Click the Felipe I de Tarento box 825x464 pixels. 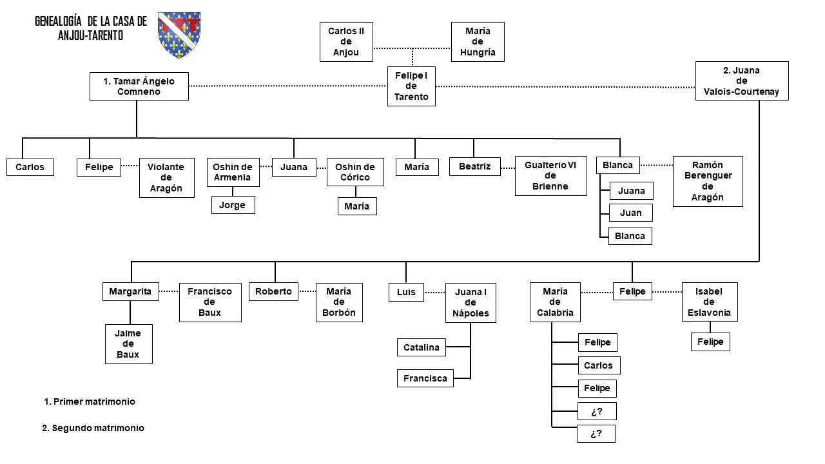click(411, 86)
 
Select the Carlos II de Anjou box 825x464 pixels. click(346, 42)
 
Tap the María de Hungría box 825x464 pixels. click(478, 42)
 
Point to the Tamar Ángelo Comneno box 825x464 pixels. click(139, 86)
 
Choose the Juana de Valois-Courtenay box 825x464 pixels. click(742, 81)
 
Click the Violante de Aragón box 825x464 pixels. click(166, 178)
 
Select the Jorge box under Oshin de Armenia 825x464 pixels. click(233, 205)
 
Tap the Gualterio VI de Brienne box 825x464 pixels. click(550, 176)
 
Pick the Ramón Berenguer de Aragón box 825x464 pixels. click(708, 181)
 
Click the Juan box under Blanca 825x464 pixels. click(630, 213)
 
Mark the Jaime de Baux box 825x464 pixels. click(128, 344)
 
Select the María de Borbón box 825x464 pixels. click(339, 302)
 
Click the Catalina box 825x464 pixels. click(422, 347)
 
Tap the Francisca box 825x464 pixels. click(425, 378)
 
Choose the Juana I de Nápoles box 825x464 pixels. click(471, 302)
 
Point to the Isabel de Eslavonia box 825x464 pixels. click(709, 302)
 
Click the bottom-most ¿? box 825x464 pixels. click(596, 434)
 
